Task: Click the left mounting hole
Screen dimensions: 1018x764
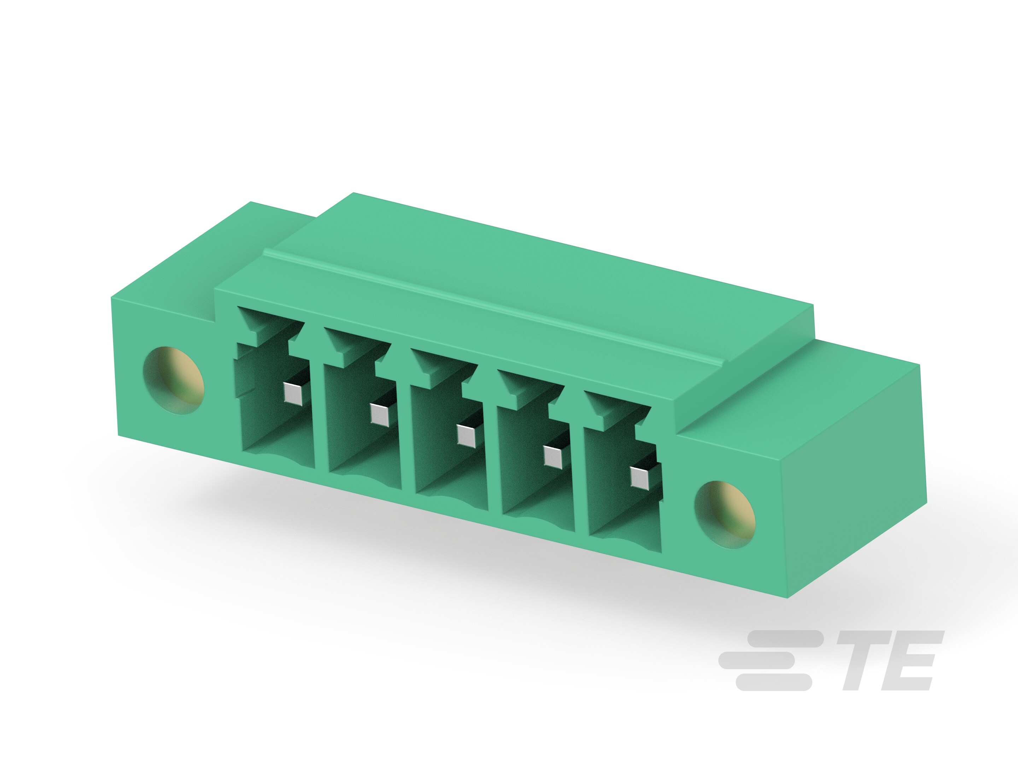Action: click(x=174, y=380)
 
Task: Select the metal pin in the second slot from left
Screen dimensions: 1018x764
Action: click(x=380, y=415)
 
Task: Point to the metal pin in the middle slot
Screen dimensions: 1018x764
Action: click(x=466, y=435)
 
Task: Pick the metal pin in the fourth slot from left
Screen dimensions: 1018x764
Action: click(x=553, y=456)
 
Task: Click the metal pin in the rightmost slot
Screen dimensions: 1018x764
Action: click(x=640, y=477)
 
